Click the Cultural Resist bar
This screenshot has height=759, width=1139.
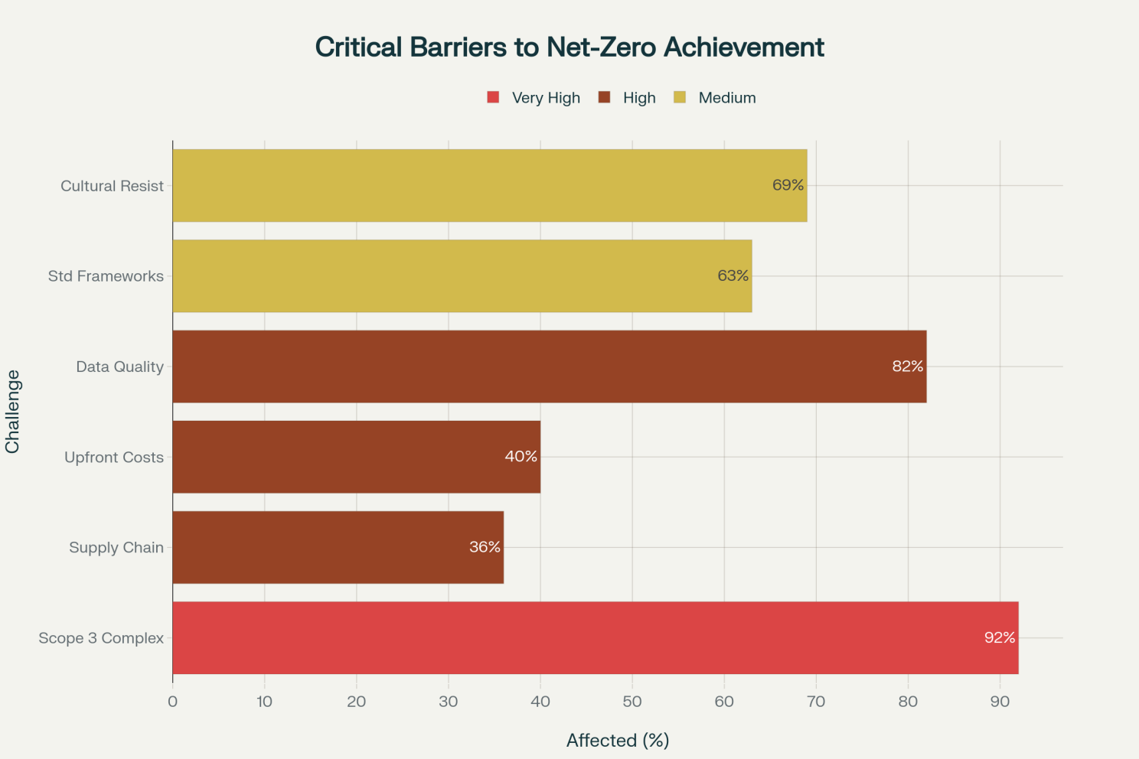click(x=490, y=185)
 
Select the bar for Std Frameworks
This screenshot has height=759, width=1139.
click(x=462, y=275)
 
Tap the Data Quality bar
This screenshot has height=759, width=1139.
click(x=550, y=366)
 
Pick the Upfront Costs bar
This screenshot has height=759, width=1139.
click(x=357, y=457)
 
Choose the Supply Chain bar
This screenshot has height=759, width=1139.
click(x=338, y=547)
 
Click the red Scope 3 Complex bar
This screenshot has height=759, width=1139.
click(x=596, y=637)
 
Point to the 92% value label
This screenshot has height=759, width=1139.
click(x=1000, y=637)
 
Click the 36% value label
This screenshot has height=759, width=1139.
click(x=485, y=547)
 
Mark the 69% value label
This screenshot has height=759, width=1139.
click(x=788, y=185)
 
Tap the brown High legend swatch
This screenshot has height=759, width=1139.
click(x=605, y=97)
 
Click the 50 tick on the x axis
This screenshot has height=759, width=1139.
click(x=632, y=702)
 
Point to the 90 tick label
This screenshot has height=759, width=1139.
click(x=1000, y=702)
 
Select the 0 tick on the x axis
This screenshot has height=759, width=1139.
click(x=173, y=702)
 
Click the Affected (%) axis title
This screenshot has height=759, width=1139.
click(x=618, y=740)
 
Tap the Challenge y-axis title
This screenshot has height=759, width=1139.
click(x=13, y=412)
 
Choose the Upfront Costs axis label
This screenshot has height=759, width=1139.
click(x=114, y=458)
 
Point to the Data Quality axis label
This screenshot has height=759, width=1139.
click(x=120, y=367)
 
